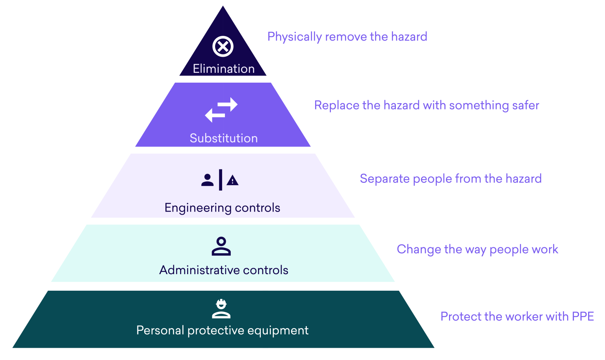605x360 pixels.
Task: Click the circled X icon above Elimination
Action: coord(223,46)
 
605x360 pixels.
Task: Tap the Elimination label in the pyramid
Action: coord(224,69)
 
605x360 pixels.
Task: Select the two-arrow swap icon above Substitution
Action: coord(221,110)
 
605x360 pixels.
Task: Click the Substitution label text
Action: coord(224,138)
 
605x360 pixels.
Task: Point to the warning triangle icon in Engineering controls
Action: coord(233,180)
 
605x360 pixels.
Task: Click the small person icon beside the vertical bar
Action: coord(207,180)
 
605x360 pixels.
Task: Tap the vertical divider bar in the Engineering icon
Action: coord(221,180)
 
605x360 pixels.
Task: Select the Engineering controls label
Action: coord(223,208)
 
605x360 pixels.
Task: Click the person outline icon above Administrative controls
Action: coord(221,247)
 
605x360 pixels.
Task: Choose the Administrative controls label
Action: coord(224,270)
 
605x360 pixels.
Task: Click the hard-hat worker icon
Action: coord(221,309)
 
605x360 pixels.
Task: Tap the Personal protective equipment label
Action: coord(223,330)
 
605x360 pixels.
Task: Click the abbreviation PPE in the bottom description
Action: coord(583,316)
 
